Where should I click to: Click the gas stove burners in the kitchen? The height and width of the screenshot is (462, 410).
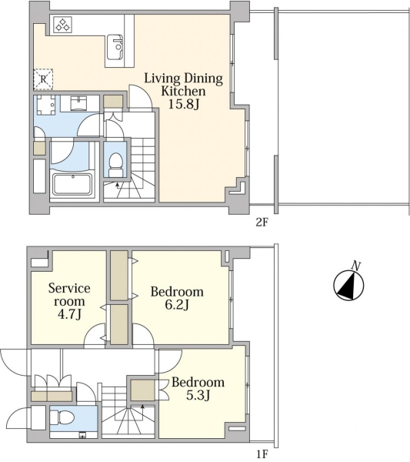[x=62, y=24]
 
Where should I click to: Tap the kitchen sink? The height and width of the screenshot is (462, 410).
[x=115, y=47]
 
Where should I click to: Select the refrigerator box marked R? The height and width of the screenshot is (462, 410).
[x=43, y=79]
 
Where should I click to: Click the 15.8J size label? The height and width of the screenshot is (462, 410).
[x=184, y=104]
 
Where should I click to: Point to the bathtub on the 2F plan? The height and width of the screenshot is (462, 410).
[x=72, y=184]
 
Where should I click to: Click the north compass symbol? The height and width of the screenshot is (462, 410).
[x=348, y=285]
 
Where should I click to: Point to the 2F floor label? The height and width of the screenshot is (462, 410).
[x=262, y=223]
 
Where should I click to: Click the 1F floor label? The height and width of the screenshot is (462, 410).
[x=262, y=454]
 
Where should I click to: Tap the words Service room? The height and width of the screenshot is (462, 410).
[x=69, y=295]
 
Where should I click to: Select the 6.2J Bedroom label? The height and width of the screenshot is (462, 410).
[x=177, y=298]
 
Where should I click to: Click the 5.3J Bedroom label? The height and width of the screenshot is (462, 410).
[x=198, y=388]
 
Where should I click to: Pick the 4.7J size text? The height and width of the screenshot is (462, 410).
[x=69, y=314]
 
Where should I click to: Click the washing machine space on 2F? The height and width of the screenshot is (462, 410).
[x=43, y=107]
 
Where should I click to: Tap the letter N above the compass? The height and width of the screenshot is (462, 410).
[x=356, y=266]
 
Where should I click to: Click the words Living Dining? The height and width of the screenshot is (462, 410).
[x=183, y=79]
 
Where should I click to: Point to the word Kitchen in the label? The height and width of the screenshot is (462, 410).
[x=183, y=91]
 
